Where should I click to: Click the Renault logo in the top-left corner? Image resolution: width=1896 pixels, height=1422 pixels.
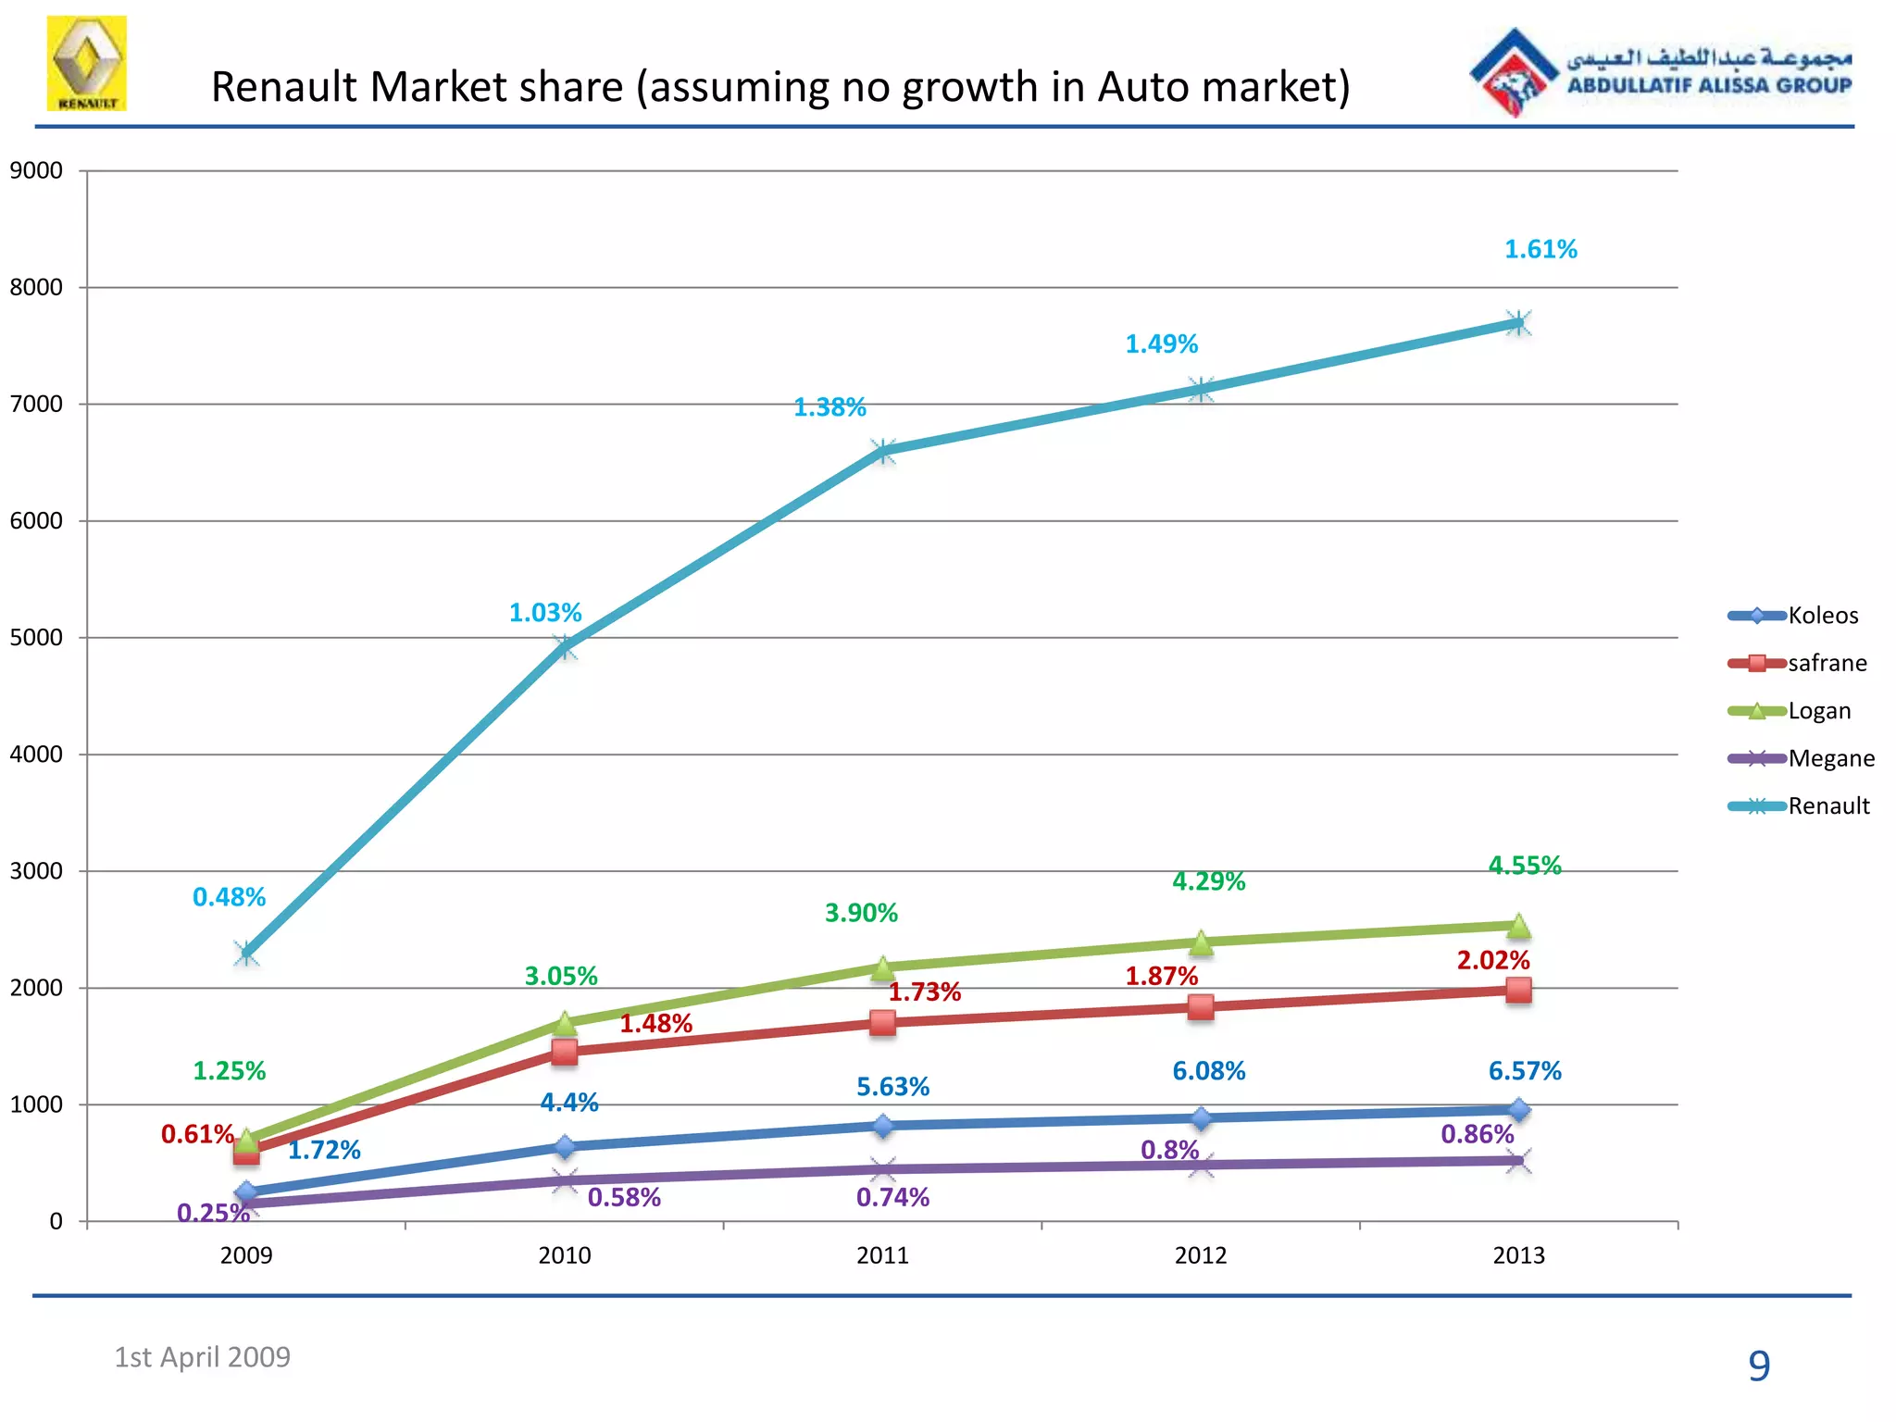point(87,63)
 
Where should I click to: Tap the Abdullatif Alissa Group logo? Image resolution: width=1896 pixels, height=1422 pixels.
point(1661,72)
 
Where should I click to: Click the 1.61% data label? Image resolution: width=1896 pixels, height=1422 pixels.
point(1540,249)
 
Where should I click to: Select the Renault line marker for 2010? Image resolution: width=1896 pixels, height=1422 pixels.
point(565,646)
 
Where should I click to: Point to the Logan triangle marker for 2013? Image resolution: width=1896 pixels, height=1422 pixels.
point(1518,925)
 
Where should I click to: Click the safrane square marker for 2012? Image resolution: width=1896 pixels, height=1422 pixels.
point(1201,1006)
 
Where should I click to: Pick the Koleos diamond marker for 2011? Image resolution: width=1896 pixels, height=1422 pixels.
point(883,1126)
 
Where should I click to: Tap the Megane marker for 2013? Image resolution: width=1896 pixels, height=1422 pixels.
point(1518,1161)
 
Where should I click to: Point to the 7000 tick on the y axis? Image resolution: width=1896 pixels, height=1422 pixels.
point(36,404)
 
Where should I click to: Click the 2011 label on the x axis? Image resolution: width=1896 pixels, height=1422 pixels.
point(882,1255)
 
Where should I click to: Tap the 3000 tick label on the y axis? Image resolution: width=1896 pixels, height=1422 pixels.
point(36,871)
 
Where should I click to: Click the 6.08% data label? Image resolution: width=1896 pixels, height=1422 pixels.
point(1208,1071)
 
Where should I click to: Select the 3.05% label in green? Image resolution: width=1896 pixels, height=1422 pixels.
point(561,976)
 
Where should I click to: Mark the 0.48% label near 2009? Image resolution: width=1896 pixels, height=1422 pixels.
point(229,897)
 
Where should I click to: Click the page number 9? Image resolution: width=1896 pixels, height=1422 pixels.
point(1758,1366)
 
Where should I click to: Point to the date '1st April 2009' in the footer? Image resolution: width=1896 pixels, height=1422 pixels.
point(202,1357)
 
